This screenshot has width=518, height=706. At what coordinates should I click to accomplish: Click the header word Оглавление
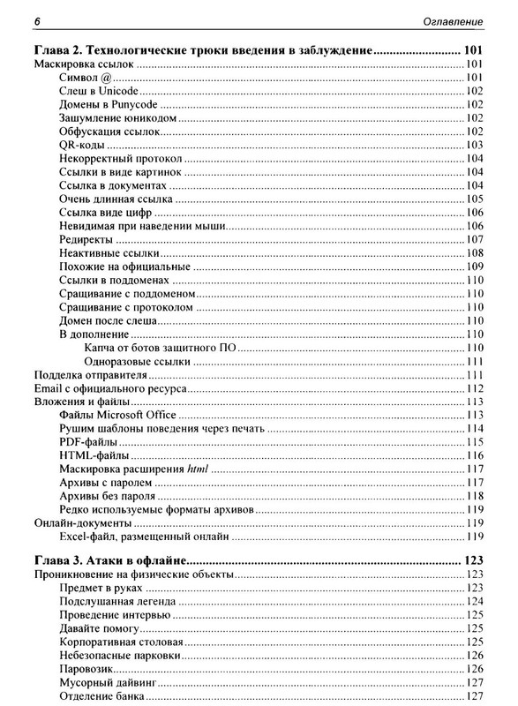(453, 19)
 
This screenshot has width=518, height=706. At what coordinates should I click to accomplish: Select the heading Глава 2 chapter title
(202, 50)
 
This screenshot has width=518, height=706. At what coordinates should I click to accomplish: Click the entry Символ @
(86, 79)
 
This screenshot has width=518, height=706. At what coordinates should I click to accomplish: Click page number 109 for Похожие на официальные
(472, 267)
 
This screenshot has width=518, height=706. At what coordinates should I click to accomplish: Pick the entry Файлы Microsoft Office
(117, 415)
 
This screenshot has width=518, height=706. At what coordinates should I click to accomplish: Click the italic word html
(198, 469)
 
